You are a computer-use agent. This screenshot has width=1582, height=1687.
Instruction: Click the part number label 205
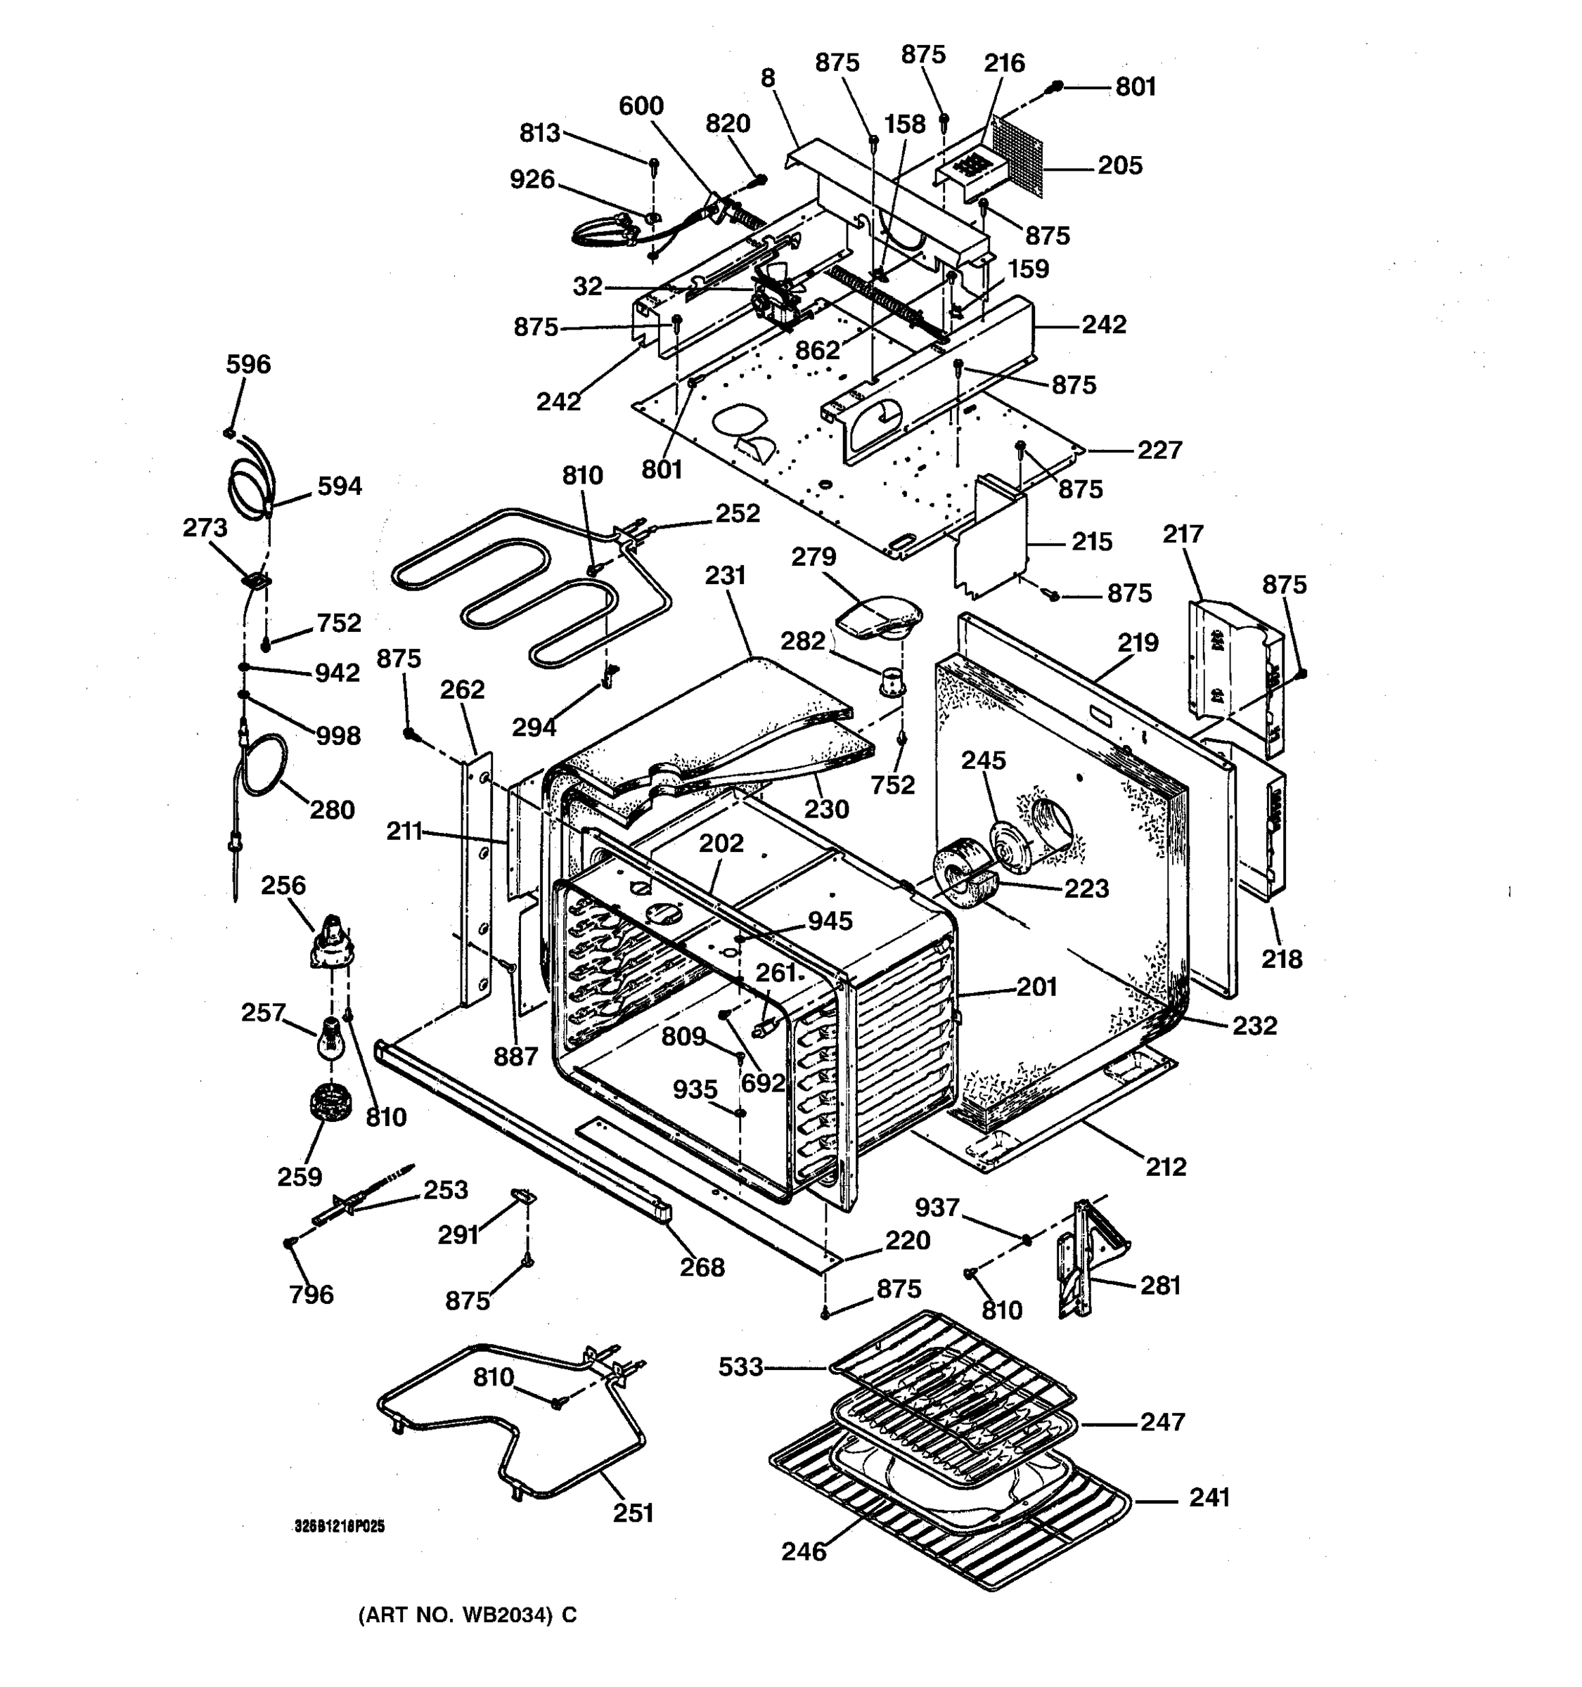[1119, 165]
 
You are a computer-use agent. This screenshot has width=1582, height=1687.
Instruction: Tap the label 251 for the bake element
[633, 1513]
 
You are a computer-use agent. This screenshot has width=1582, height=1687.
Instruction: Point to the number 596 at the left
[247, 365]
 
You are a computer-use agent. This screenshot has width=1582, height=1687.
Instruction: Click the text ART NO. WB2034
[466, 1615]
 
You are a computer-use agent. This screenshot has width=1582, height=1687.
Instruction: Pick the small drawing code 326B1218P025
[340, 1527]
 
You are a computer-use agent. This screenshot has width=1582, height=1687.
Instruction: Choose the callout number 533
[740, 1367]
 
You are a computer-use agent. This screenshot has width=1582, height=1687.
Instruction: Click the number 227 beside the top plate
[1159, 450]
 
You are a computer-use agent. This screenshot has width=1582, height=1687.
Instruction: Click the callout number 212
[1165, 1167]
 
